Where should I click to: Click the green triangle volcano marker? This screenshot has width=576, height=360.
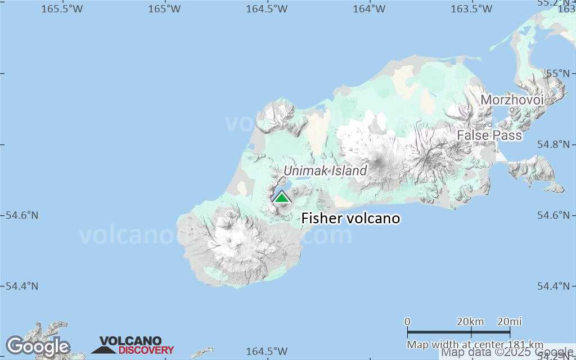[281, 197]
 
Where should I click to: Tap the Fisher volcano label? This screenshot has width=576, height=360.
[350, 218]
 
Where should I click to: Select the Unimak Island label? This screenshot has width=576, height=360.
[325, 170]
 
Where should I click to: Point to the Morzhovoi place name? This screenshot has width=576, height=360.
[512, 100]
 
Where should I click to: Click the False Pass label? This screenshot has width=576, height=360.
[489, 136]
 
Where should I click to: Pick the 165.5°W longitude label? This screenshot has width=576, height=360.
[62, 8]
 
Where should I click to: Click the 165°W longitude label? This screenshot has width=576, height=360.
[164, 8]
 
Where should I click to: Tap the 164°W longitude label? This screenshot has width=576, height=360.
[370, 8]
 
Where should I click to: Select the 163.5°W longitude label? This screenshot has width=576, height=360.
[471, 8]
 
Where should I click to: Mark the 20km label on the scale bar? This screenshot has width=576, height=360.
[470, 321]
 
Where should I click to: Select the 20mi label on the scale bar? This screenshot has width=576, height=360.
[509, 321]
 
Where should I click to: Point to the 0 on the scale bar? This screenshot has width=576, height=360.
[408, 321]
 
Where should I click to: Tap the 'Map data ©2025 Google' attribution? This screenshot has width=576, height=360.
[506, 353]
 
